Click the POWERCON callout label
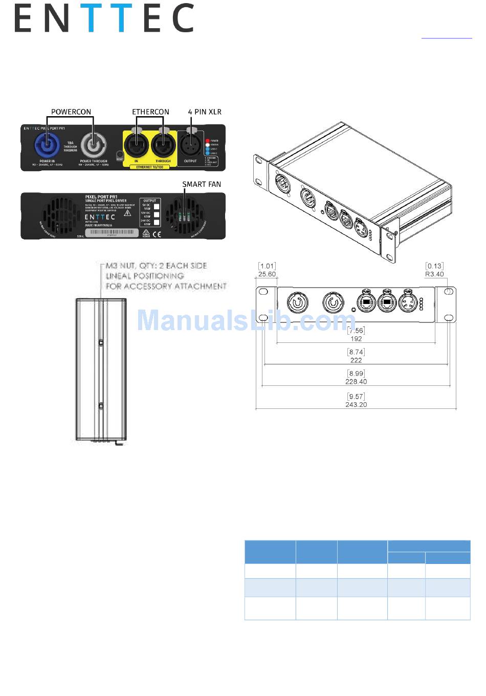(71, 112)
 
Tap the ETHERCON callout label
(150, 112)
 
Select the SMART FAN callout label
(202, 184)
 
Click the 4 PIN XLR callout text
(205, 112)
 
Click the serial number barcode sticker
(112, 232)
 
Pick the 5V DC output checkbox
(157, 207)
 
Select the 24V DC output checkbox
(157, 222)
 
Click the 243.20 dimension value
(356, 404)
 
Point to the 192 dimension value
(356, 339)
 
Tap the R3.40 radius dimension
(434, 274)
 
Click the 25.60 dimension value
(267, 274)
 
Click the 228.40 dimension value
(356, 382)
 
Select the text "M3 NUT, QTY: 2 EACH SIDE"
(156, 266)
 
